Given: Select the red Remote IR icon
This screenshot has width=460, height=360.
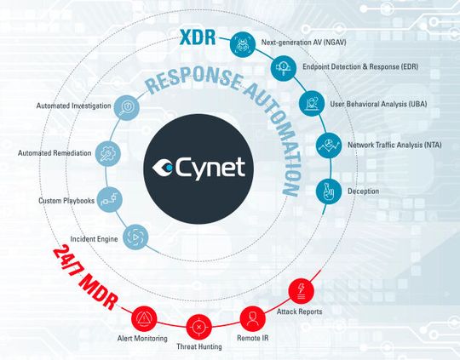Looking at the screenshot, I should click(x=251, y=317).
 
